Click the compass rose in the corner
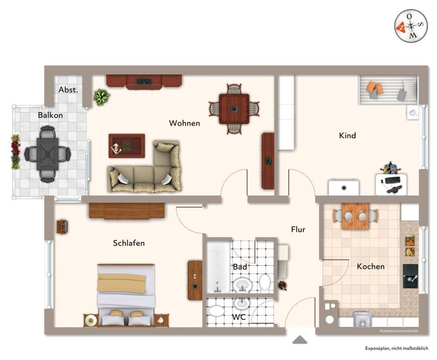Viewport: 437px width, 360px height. (x=411, y=25)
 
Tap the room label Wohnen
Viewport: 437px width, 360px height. (x=184, y=123)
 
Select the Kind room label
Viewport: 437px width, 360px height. (x=347, y=135)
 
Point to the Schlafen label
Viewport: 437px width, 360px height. (x=129, y=243)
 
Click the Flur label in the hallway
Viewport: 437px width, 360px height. (x=298, y=229)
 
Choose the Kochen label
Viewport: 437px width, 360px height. (x=371, y=266)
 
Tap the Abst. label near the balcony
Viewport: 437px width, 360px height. (x=68, y=90)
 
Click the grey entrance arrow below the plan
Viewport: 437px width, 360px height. (x=300, y=340)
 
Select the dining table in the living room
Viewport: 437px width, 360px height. (x=234, y=109)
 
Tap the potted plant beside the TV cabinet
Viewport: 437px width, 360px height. (x=102, y=97)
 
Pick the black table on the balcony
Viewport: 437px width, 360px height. (x=47, y=154)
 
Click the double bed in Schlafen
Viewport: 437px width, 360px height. (x=126, y=294)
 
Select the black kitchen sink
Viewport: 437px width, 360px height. (x=410, y=276)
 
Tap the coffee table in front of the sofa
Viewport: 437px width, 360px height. (x=127, y=146)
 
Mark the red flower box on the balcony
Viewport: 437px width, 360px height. (x=15, y=152)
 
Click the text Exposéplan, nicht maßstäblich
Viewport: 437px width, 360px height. (x=396, y=348)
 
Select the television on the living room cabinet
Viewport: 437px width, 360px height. (x=144, y=82)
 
